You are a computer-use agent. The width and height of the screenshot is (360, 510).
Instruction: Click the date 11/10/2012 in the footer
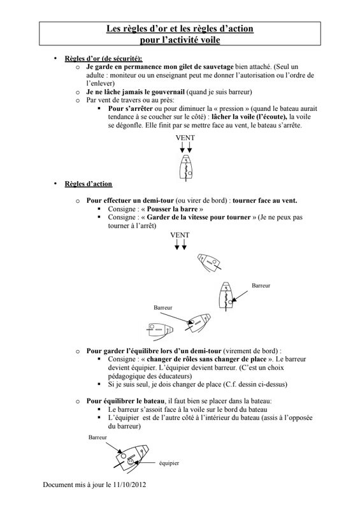click(x=130, y=484)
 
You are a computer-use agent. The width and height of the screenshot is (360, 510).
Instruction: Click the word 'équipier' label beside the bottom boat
click(x=169, y=463)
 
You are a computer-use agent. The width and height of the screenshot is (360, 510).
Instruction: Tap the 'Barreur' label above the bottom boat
click(x=97, y=437)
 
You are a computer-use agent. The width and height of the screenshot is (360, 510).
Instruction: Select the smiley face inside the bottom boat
click(x=130, y=461)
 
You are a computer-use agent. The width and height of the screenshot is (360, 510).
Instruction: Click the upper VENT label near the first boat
click(x=185, y=138)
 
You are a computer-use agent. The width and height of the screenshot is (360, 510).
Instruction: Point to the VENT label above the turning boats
click(x=180, y=235)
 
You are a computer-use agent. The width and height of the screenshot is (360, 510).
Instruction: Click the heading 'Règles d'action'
click(x=89, y=184)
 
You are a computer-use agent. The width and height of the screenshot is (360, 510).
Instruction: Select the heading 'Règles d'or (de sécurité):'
click(x=103, y=59)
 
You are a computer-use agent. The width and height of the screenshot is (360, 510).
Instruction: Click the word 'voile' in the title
click(x=209, y=40)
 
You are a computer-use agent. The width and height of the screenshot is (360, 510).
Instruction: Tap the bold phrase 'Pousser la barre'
click(x=173, y=209)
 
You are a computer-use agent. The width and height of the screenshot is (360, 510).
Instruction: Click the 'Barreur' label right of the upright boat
click(x=261, y=286)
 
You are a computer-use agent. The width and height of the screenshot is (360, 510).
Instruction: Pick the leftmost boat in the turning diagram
click(x=159, y=330)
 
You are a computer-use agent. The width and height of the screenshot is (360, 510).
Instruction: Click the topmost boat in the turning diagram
click(x=210, y=261)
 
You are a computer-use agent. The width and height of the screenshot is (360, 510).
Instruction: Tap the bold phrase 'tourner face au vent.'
click(x=264, y=200)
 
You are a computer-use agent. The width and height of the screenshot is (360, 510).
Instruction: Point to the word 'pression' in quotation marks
click(x=231, y=108)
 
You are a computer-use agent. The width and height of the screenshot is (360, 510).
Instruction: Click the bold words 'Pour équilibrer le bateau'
click(x=125, y=401)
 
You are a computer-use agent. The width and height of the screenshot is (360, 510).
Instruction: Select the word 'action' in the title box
click(x=239, y=29)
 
